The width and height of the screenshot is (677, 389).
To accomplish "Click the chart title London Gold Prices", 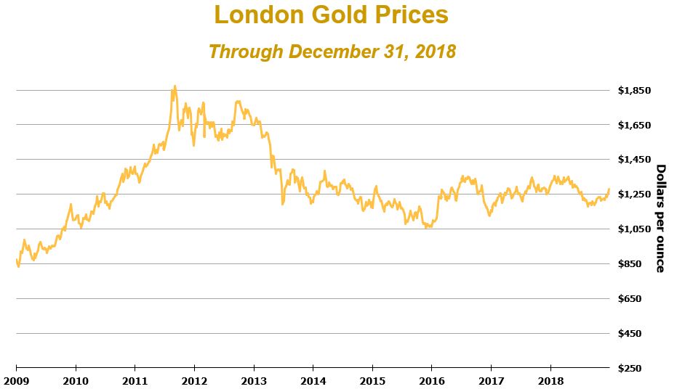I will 331,15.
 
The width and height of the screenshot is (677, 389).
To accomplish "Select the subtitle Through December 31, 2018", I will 332,52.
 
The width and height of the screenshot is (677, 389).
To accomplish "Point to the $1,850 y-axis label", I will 633,91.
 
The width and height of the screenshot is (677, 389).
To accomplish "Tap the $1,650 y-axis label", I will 633,126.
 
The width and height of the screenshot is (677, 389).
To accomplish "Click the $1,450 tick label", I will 633,160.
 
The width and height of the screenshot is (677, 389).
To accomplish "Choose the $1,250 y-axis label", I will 633,194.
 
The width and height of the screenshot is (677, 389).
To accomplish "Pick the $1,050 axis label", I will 633,229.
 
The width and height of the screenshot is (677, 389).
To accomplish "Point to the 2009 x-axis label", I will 16,380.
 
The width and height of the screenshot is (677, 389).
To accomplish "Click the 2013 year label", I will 253,380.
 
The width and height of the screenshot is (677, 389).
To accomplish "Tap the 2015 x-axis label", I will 372,380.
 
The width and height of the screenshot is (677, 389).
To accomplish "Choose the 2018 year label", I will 550,380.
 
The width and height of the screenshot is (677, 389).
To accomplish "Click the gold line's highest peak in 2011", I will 174,86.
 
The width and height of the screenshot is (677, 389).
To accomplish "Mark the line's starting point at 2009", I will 16,259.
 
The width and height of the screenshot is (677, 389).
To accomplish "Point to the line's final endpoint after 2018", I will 609,189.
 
